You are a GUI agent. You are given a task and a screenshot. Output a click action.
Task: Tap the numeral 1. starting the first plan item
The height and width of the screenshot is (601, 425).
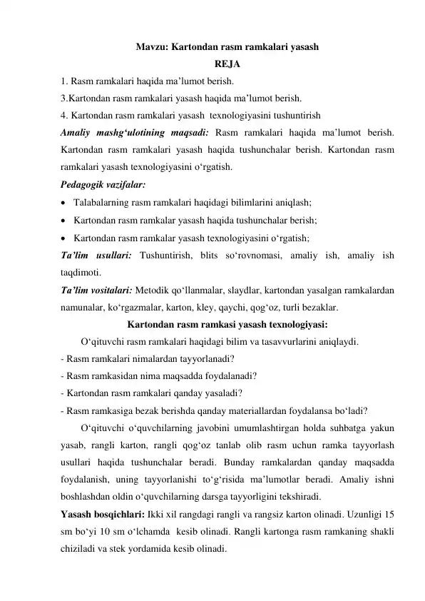click(x=64, y=81)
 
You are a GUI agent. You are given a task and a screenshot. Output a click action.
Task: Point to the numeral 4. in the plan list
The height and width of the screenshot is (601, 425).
click(x=64, y=114)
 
